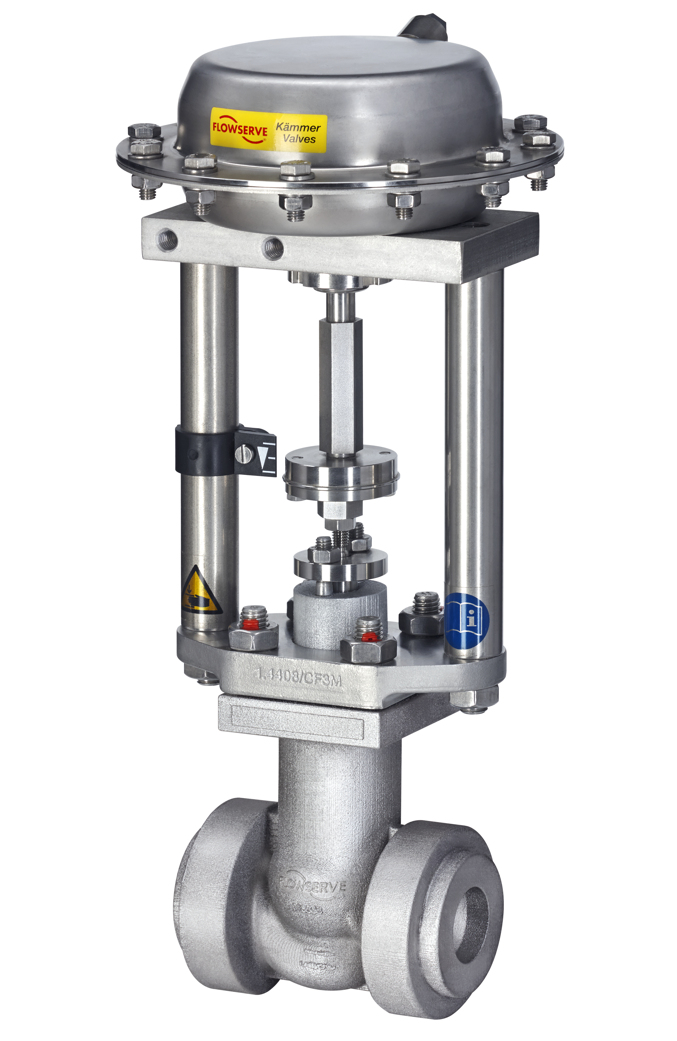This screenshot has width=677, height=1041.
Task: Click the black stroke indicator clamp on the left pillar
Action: pos(205,451)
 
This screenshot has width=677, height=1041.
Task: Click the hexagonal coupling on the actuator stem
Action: pos(340,387)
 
